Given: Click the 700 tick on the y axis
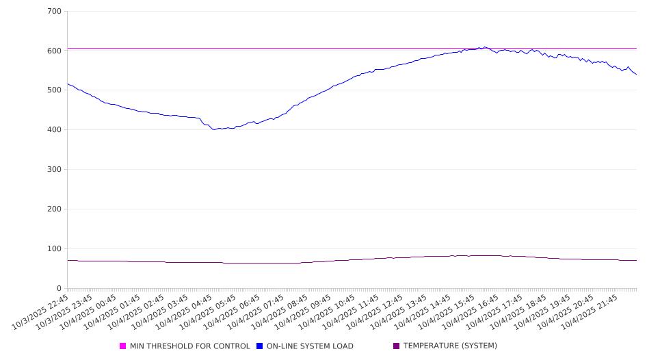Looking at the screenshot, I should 54,12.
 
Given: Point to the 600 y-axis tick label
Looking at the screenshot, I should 54,51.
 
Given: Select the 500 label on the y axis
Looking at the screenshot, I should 54,90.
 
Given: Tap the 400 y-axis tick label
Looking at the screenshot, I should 54,130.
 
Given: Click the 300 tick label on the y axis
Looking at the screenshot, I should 54,170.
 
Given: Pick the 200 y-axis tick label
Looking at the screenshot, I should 54,209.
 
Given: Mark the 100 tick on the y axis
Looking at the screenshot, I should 54,249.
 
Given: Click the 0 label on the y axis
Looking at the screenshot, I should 59,289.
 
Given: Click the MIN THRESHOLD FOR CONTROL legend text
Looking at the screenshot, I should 189,346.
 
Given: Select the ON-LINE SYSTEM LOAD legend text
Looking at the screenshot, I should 310,346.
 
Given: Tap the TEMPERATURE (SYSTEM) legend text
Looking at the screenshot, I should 450,346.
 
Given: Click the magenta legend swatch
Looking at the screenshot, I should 123,346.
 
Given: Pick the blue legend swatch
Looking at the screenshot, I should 260,346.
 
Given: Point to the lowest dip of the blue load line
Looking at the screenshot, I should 214,129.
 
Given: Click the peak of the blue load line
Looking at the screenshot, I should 484,47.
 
